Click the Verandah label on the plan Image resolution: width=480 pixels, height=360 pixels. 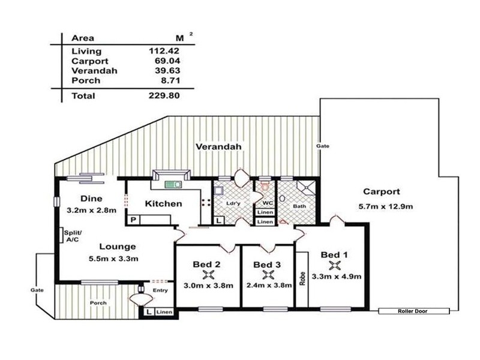tap(218, 146)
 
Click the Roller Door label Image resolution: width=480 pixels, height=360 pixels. tap(414, 311)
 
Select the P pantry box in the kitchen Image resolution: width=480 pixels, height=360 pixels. tap(133, 221)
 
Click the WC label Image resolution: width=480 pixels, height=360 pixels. tap(268, 203)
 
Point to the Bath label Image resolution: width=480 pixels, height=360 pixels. tap(299, 206)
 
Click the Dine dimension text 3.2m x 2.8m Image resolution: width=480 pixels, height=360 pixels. tap(94, 210)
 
